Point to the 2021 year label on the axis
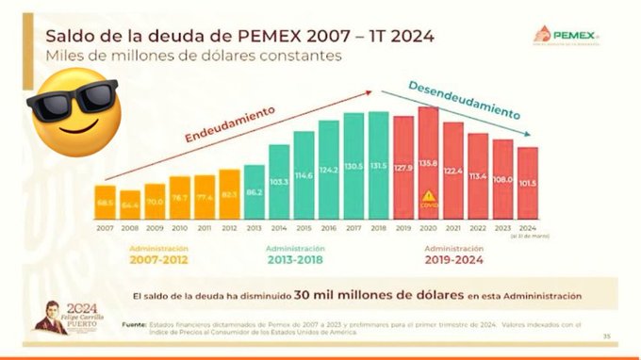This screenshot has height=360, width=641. (x=453, y=228)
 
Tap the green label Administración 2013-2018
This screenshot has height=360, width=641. (x=304, y=254)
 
